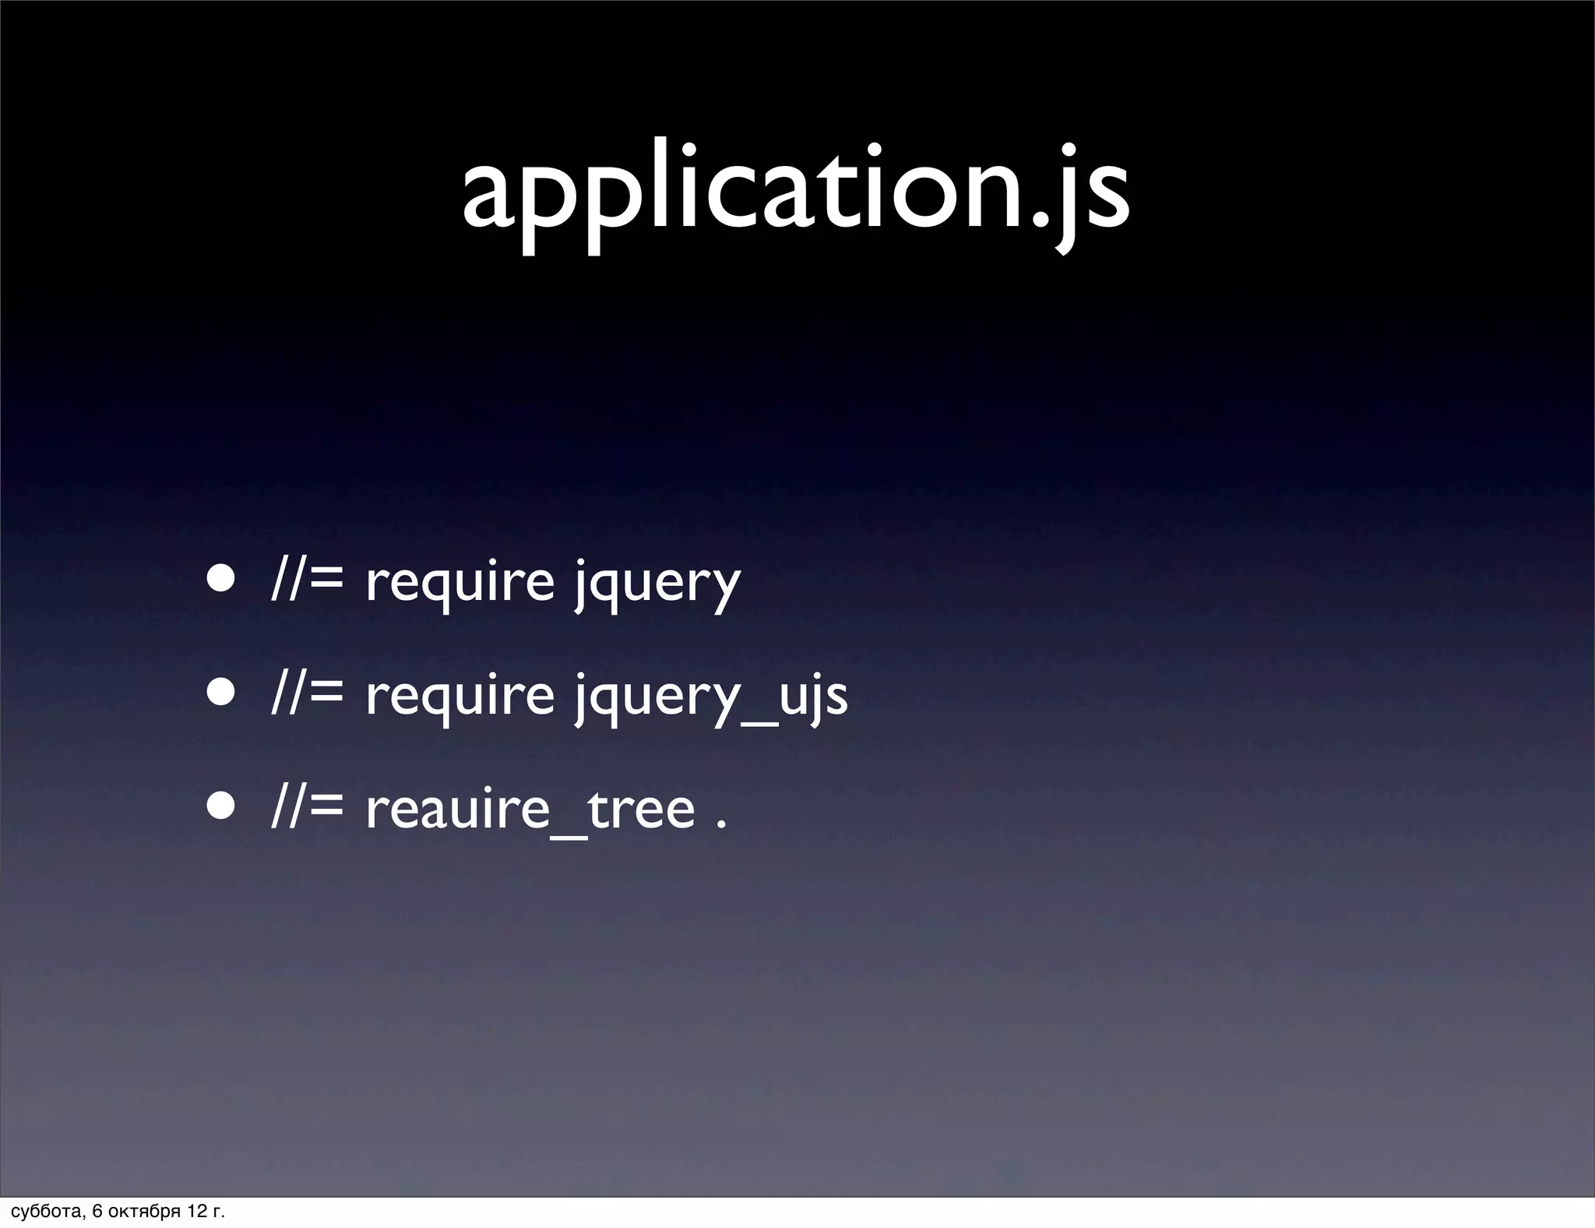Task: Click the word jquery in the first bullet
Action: point(657,583)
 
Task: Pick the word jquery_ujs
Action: point(710,697)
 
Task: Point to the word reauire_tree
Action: point(530,810)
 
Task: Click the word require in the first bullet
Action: point(459,583)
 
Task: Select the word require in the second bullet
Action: point(459,697)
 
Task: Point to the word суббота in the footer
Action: point(44,1212)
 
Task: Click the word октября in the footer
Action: point(144,1212)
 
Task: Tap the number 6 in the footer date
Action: point(97,1212)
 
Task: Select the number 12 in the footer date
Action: point(197,1212)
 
